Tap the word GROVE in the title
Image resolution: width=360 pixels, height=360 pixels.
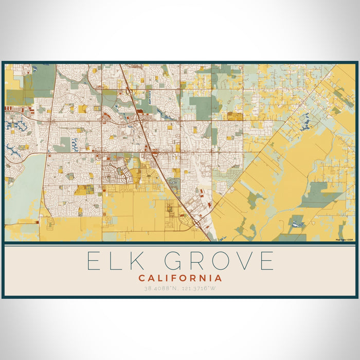(x=222, y=261)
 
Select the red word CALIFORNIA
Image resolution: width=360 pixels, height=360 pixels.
(x=180, y=278)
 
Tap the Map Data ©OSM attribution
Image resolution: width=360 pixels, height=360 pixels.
(x=345, y=239)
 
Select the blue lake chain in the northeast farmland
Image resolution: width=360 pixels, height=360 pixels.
(x=307, y=120)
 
